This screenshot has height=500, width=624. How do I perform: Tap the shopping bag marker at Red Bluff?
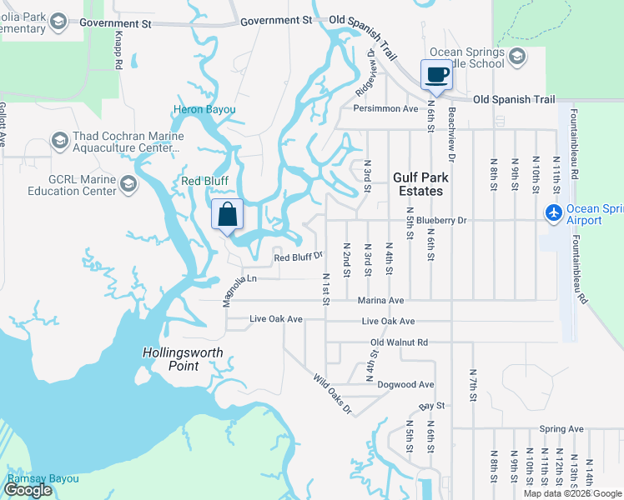[x=227, y=215]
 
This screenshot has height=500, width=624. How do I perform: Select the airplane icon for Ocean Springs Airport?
[x=553, y=213]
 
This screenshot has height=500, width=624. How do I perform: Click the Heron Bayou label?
[x=204, y=110]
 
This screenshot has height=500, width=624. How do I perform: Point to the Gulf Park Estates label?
[x=420, y=184]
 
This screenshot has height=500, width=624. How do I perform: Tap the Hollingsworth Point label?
[x=182, y=359]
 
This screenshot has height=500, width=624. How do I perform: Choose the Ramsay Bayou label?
[x=43, y=478]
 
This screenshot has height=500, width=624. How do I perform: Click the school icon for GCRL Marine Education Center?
[x=128, y=182]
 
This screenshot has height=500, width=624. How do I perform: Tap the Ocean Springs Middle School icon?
[x=516, y=57]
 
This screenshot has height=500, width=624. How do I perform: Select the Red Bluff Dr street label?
[x=298, y=257]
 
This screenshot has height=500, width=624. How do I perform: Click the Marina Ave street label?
[x=380, y=300]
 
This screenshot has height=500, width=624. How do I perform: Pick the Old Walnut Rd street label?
[x=399, y=342]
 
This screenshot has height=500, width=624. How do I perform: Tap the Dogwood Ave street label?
[x=405, y=384]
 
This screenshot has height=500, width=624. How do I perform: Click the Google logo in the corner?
[x=28, y=490]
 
